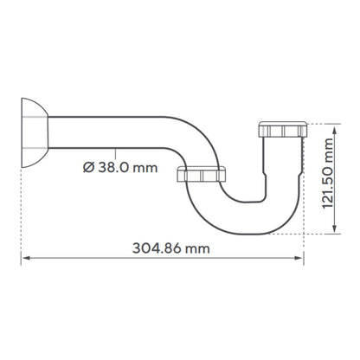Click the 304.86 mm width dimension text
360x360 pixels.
click(171, 248)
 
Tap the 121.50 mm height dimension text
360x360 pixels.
click(327, 173)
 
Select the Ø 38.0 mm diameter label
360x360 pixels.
click(120, 167)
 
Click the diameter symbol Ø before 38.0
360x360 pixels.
click(88, 167)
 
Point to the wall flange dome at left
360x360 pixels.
click(33, 132)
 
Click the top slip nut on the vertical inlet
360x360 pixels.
click(283, 129)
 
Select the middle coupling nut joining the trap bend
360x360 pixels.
click(202, 174)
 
